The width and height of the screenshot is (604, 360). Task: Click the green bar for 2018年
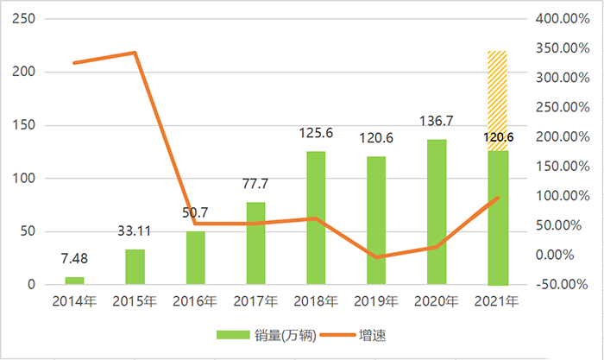[x=317, y=218]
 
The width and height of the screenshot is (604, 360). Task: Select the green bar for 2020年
[x=437, y=212]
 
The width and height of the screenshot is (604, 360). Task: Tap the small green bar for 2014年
[x=75, y=281]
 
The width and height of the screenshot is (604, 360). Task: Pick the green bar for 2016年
[x=196, y=257]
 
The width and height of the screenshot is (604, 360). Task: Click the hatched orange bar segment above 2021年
[x=497, y=100]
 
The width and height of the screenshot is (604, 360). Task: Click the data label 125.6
[x=317, y=135]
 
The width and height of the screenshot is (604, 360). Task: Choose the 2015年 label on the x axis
[x=135, y=301]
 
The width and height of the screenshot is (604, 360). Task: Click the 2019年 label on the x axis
[x=376, y=301]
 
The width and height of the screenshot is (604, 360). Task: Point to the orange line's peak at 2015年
[x=135, y=53]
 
